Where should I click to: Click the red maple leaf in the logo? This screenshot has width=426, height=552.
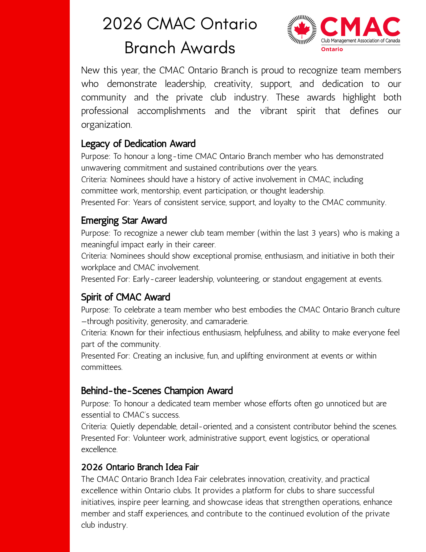[302, 29]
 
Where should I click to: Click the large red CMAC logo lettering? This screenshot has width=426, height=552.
[360, 27]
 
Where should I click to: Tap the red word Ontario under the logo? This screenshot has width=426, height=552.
[332, 49]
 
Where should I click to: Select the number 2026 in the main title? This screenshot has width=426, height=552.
[122, 24]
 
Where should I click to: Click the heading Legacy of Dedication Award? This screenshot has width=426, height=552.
[138, 144]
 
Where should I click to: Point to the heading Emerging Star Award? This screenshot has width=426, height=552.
[124, 221]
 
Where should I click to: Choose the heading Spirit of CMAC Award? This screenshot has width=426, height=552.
[125, 297]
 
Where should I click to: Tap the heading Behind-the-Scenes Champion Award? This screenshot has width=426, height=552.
[157, 391]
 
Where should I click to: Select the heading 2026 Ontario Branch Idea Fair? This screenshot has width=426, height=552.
[140, 467]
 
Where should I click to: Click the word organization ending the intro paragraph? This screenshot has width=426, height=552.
[106, 125]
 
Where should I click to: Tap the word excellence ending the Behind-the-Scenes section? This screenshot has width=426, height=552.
[99, 449]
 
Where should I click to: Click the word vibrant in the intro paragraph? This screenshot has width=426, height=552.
[274, 111]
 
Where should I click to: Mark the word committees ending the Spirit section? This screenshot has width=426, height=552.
[101, 367]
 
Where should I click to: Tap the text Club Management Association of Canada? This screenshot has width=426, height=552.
[360, 41]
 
